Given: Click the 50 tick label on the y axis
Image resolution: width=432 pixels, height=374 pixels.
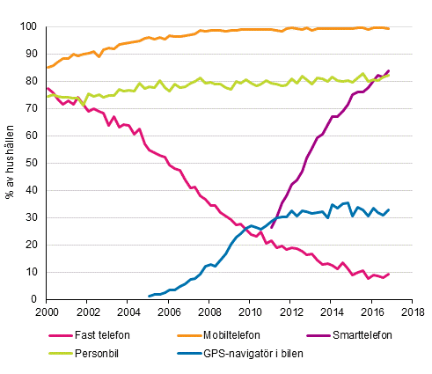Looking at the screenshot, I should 30,164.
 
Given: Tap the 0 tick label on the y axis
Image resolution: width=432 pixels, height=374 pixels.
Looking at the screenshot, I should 33,300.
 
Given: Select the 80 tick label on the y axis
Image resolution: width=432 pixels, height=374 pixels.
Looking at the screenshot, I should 30,82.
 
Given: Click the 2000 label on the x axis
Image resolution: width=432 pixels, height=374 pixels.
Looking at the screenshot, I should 48,312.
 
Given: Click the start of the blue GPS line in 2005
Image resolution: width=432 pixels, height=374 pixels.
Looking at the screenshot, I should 148,297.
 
